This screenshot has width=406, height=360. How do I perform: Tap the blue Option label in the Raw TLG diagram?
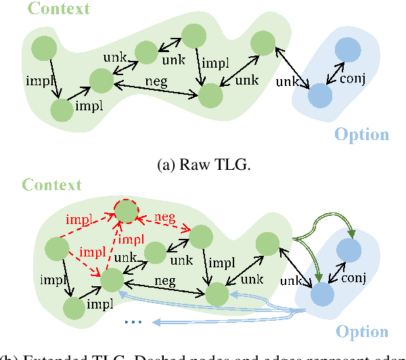click(x=363, y=134)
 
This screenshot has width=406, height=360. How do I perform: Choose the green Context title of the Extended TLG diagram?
click(x=51, y=184)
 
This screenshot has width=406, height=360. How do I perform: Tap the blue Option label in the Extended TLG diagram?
click(x=363, y=332)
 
